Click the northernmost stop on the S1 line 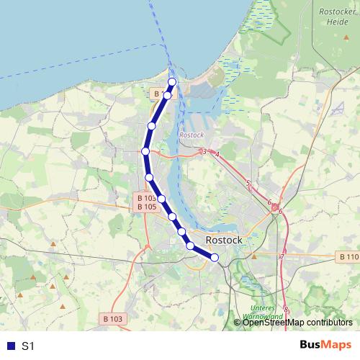(172, 81)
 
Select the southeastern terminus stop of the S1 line (215, 257)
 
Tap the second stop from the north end (167, 95)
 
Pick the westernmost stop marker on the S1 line (145, 151)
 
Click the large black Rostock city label (224, 240)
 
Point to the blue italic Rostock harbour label (192, 135)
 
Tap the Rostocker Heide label (333, 17)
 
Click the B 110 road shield (348, 256)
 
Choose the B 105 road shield (146, 207)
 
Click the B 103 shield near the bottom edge (112, 318)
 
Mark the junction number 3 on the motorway (204, 151)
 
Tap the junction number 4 (217, 154)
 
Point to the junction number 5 (248, 184)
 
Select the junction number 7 (283, 256)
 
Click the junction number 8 (286, 310)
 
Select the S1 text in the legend (28, 346)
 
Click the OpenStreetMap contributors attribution (297, 322)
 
